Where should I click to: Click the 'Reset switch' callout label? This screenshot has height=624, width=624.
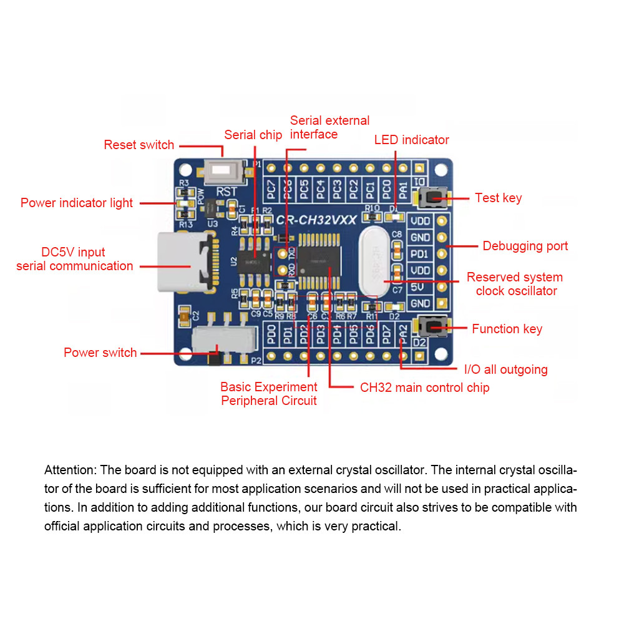(x=139, y=145)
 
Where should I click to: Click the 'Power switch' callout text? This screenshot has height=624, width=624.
(x=100, y=353)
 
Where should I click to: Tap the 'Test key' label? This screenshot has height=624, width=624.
(x=498, y=198)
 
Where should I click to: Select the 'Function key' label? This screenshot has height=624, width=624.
(x=507, y=329)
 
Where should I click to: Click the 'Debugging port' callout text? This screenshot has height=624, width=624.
(x=525, y=246)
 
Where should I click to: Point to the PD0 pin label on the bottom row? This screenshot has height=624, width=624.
(x=271, y=335)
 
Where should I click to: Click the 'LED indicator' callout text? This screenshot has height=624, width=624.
(x=411, y=140)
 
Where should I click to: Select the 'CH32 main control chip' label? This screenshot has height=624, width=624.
(x=424, y=388)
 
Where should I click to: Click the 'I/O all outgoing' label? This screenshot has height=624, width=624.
(x=506, y=369)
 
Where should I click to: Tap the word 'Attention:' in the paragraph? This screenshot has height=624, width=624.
(x=69, y=470)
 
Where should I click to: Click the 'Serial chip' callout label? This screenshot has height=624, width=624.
(x=253, y=135)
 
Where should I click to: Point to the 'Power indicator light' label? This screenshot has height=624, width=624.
(x=77, y=203)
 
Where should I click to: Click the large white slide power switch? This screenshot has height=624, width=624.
(x=223, y=340)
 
